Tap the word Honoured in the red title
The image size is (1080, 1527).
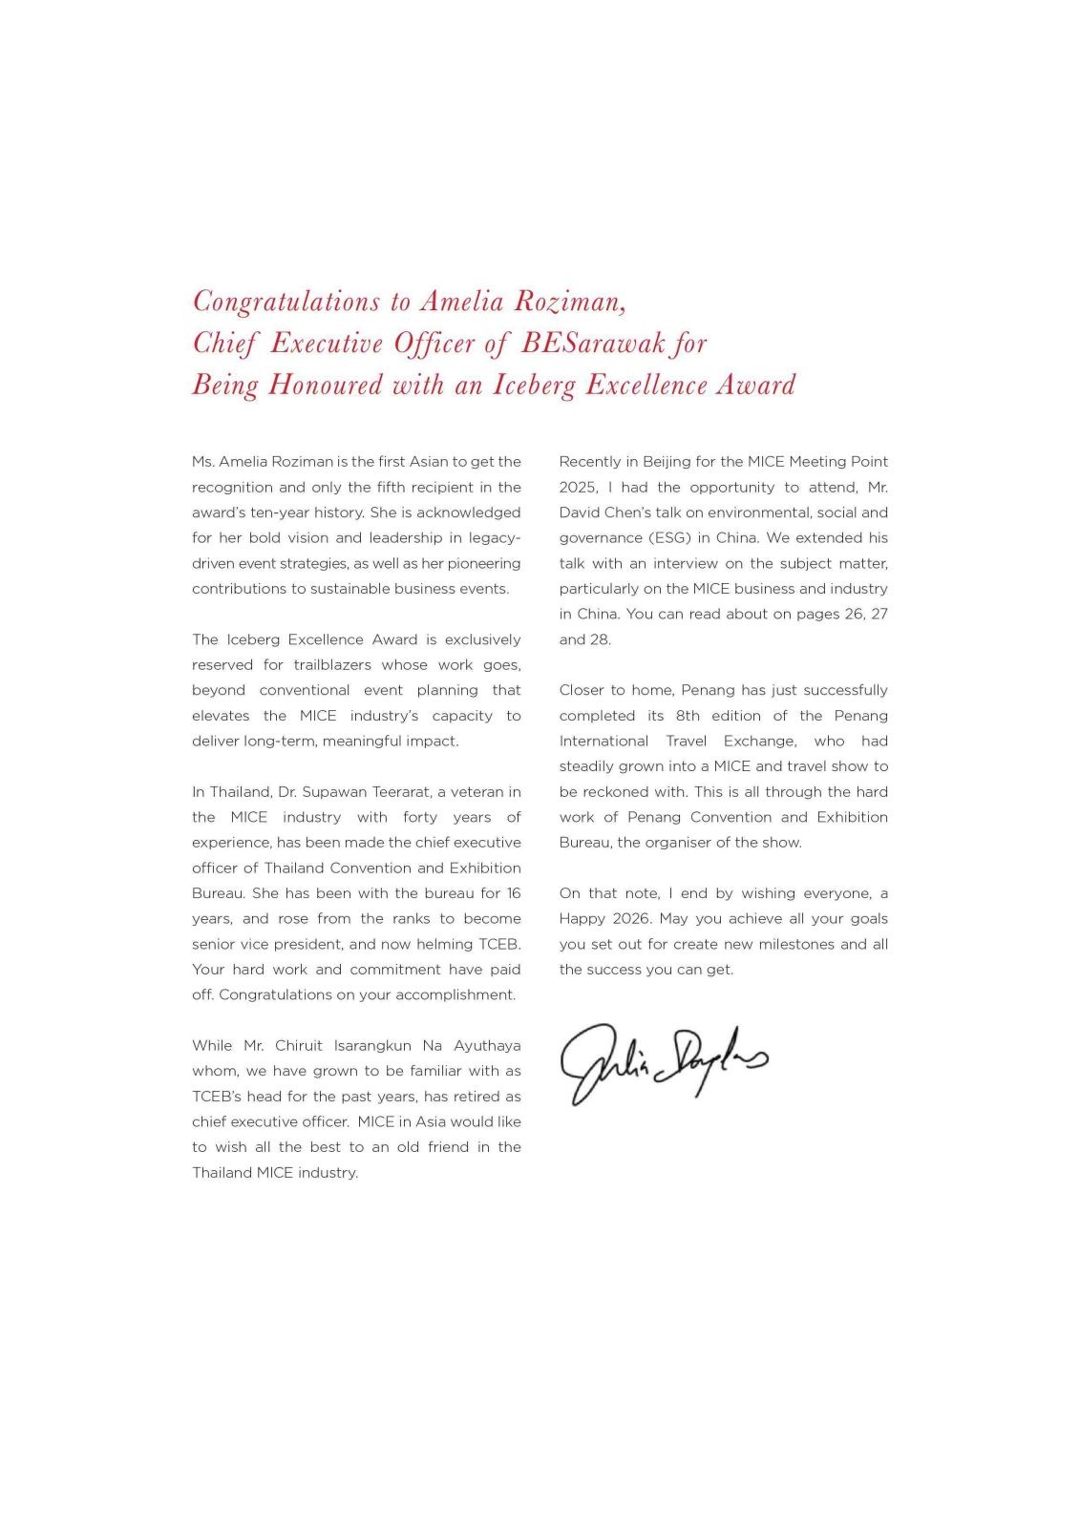click(326, 385)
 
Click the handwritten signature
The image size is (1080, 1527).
click(664, 1062)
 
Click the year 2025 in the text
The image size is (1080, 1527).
click(578, 488)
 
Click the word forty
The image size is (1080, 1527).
click(419, 818)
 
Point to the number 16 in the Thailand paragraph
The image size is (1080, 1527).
click(513, 894)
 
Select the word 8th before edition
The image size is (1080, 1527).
click(688, 716)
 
